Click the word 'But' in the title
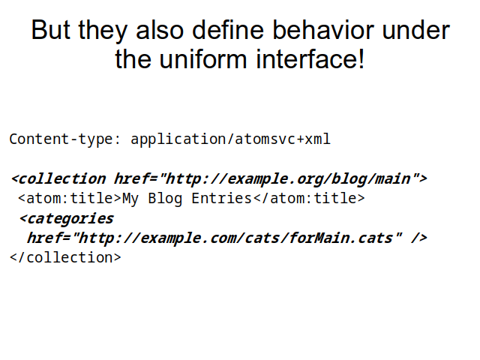[50, 30]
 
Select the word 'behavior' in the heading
[323, 30]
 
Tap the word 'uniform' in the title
[203, 58]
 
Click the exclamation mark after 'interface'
[361, 58]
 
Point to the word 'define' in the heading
[228, 30]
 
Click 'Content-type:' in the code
[65, 139]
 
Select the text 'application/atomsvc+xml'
[230, 139]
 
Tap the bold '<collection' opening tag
[58, 178]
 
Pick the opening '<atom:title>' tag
[70, 198]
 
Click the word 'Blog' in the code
[165, 199]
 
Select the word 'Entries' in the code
[222, 198]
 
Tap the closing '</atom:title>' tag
[309, 198]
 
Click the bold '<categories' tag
[66, 219]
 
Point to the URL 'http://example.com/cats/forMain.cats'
[235, 238]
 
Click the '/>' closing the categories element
[418, 238]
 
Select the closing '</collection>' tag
[65, 258]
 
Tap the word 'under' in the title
[416, 30]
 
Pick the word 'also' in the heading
[160, 30]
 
